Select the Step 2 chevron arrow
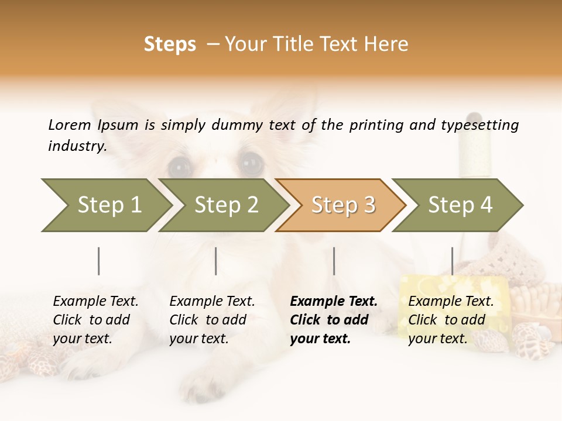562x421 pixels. (225, 205)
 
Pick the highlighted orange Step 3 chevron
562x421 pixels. (342, 205)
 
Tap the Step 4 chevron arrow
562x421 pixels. (460, 205)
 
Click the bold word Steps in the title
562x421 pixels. (170, 44)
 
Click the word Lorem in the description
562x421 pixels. (70, 125)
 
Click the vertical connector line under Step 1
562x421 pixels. (98, 261)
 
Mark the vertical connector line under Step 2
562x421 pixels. (215, 261)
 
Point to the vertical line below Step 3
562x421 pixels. (334, 261)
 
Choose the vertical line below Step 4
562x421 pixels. (452, 261)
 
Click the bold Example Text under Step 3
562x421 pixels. (334, 302)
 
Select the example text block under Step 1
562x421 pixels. (95, 320)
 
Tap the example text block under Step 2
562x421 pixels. (212, 320)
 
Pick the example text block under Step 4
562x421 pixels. (451, 320)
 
